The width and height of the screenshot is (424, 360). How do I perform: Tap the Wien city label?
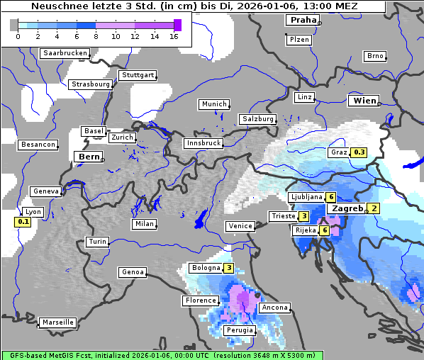[364, 101]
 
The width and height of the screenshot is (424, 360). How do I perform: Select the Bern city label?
[89, 157]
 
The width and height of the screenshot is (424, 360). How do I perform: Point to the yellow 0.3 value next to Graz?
[359, 152]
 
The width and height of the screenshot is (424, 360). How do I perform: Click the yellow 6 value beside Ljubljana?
[330, 197]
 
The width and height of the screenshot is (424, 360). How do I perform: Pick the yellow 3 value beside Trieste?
[303, 216]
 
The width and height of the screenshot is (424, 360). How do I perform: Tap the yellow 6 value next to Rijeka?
[324, 230]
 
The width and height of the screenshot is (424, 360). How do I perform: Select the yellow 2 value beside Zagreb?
[374, 208]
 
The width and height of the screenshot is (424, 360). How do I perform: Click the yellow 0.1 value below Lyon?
[23, 222]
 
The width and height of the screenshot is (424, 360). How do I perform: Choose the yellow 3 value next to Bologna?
[228, 268]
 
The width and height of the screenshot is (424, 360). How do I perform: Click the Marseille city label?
[58, 322]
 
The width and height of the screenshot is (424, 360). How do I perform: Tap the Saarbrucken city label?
[65, 53]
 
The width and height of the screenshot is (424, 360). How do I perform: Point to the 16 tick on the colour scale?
[174, 37]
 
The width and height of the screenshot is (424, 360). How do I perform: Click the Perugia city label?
[239, 330]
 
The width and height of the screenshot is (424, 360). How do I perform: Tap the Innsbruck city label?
[203, 143]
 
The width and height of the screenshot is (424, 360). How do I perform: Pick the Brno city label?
[374, 56]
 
